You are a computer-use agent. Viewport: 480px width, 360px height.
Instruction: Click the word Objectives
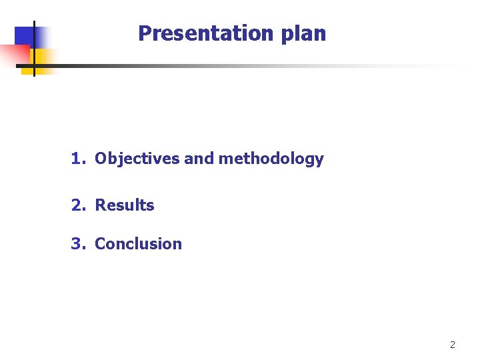137,159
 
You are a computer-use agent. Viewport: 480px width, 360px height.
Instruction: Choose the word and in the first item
198,159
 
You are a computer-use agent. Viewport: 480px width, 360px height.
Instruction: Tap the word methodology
271,159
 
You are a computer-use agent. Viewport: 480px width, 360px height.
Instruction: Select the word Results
125,205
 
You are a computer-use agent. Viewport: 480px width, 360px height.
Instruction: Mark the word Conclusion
139,244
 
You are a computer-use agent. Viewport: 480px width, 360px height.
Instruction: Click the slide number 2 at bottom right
453,345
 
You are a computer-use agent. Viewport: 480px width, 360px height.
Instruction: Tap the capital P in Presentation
144,33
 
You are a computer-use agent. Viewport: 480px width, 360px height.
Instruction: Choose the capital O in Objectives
101,159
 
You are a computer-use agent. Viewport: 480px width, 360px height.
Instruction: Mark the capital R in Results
100,205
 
